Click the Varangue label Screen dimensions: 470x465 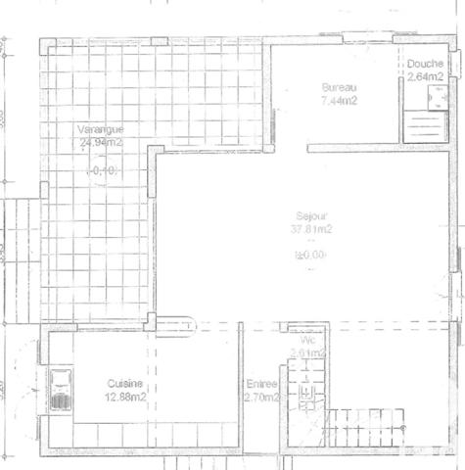point(102,129)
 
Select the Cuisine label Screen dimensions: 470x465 point(125,384)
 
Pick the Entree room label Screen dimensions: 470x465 point(262,386)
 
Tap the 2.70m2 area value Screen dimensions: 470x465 point(262,399)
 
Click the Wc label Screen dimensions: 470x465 point(306,340)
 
